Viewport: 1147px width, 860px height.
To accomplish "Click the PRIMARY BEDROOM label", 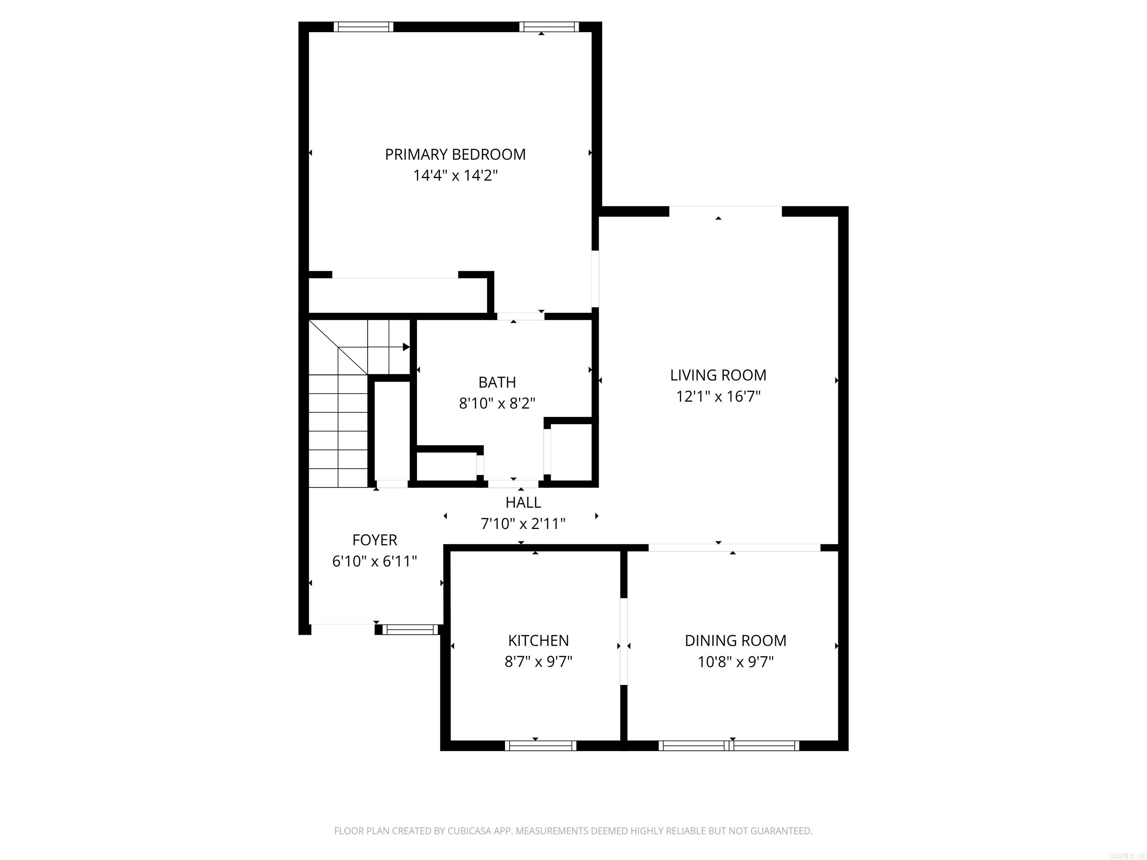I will [455, 155].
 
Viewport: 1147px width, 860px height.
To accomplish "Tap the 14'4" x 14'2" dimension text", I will [455, 176].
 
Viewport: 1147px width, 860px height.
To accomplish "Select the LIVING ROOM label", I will [718, 375].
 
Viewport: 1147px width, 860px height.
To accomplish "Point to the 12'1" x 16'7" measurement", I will [718, 396].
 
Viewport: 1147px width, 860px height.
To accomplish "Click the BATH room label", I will [497, 382].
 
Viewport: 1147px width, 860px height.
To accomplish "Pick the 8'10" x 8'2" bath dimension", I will [497, 403].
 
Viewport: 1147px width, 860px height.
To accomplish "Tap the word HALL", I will [523, 502].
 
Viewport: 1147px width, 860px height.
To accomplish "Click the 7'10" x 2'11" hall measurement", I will [523, 524].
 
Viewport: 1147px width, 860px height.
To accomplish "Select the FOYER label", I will [374, 540].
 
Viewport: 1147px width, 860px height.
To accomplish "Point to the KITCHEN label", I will [538, 641].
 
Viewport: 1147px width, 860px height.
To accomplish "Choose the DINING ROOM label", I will [735, 641].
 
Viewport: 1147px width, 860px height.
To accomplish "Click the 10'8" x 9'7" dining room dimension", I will [735, 662].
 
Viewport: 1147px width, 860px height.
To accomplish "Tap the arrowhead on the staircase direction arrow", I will [406, 347].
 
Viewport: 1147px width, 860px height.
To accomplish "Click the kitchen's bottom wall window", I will [540, 745].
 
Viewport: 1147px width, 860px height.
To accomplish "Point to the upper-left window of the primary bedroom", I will [363, 27].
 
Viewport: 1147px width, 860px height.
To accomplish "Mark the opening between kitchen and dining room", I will [624, 641].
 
